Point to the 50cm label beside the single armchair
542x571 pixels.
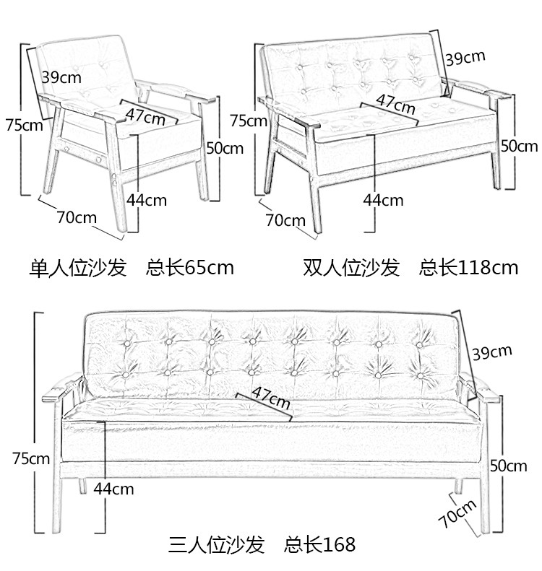(225, 148)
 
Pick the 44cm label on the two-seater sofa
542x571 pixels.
(383, 200)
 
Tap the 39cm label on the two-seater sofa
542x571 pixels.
(465, 58)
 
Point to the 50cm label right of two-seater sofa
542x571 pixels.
(519, 146)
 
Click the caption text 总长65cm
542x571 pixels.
(190, 268)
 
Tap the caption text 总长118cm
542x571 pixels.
(468, 268)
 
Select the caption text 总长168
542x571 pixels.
(320, 543)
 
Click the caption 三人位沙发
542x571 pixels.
(218, 543)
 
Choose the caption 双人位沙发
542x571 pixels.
(351, 268)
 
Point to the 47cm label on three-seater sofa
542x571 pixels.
(272, 396)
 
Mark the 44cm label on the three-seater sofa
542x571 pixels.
(113, 489)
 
